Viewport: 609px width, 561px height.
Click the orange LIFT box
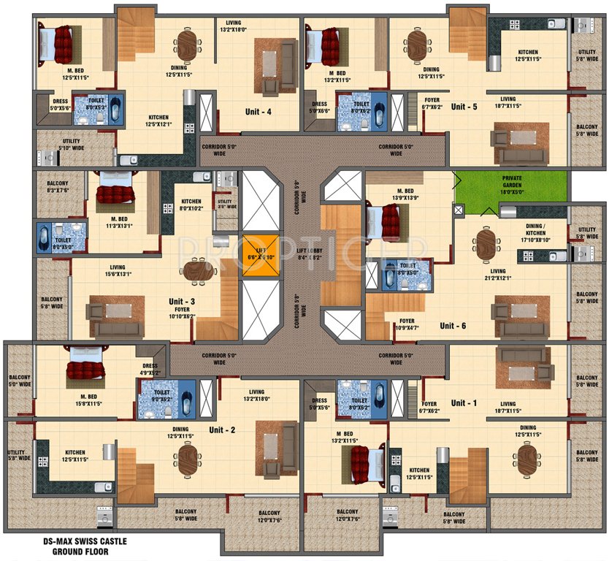tap(261, 255)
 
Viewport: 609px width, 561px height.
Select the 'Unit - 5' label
tap(464, 107)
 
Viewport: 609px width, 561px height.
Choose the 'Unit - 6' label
tap(453, 325)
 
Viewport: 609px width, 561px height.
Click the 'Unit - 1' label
tap(463, 402)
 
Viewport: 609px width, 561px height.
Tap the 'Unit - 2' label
tap(222, 430)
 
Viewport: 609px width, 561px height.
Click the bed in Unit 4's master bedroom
tap(57, 44)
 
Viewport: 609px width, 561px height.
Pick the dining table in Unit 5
tap(417, 45)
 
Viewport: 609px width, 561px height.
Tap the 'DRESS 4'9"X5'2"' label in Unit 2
tap(150, 369)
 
